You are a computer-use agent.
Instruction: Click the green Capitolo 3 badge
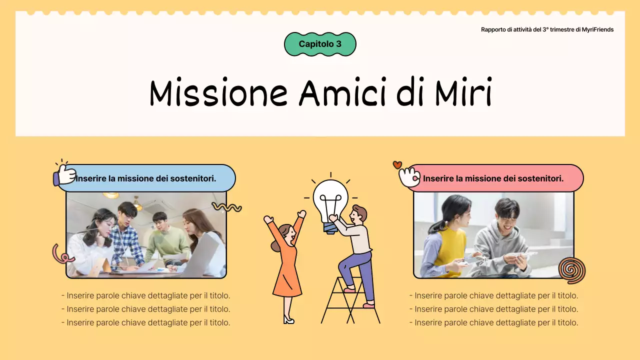coord(320,44)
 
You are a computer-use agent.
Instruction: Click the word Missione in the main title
coord(218,92)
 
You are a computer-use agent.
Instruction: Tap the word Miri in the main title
coord(463,92)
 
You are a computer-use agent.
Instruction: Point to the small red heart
coord(397,164)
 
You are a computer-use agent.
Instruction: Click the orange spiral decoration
coord(571,270)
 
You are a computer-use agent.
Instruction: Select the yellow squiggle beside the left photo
coord(227,206)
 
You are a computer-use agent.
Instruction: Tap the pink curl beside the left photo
coord(62,254)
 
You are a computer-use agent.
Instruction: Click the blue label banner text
coord(146,178)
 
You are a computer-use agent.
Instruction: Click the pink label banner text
coord(493,178)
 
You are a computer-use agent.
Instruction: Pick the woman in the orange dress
coord(286,265)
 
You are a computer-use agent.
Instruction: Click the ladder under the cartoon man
coord(350,302)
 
